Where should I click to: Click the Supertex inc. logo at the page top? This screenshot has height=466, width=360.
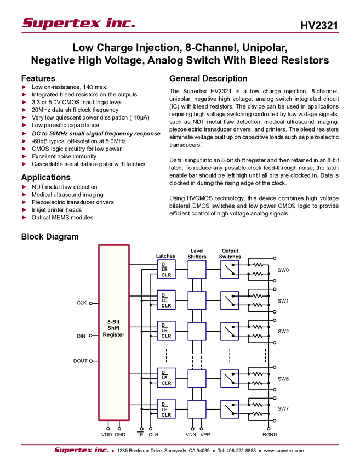click(x=78, y=24)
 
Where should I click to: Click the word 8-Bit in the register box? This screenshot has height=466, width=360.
click(x=113, y=322)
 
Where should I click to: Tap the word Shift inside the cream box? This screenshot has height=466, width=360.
click(x=113, y=328)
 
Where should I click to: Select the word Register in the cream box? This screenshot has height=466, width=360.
click(x=113, y=334)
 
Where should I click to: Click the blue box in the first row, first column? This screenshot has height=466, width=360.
click(x=166, y=269)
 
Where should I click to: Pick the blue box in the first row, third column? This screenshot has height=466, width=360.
click(x=230, y=269)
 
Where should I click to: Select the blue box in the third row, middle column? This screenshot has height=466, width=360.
click(x=197, y=331)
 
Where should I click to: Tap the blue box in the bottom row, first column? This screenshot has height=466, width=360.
click(x=166, y=409)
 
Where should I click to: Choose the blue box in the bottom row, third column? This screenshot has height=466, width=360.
click(x=230, y=409)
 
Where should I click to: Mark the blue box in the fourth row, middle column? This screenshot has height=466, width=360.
click(x=197, y=378)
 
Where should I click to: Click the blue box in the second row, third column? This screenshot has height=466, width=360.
click(x=230, y=300)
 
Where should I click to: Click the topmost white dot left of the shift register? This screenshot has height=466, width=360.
click(x=91, y=303)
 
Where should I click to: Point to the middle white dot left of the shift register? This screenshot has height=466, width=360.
click(x=91, y=335)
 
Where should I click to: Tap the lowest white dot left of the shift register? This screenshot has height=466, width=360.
click(x=91, y=361)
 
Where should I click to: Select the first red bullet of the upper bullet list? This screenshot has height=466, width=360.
click(x=24, y=87)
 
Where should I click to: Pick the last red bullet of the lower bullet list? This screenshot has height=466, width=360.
click(x=24, y=218)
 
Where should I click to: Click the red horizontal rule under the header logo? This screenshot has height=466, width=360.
click(x=180, y=33)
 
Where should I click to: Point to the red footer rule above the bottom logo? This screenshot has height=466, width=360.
click(x=180, y=445)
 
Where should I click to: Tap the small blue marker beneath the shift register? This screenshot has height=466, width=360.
click(x=108, y=424)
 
